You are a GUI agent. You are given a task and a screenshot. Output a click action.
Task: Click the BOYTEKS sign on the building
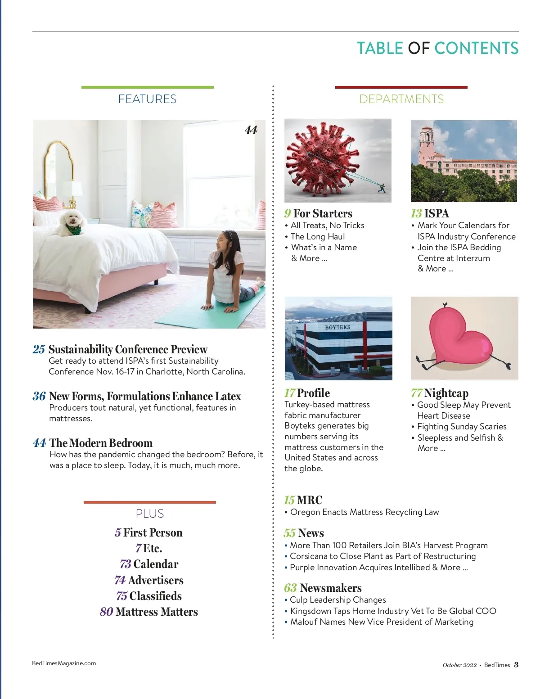point(337,327)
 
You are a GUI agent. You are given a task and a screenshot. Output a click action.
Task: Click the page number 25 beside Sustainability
point(39,349)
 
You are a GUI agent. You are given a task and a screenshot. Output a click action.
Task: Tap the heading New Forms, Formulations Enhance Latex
point(144,396)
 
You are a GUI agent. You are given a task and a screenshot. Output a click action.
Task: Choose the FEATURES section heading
point(147,99)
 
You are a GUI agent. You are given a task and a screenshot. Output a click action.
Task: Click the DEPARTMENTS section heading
point(401,99)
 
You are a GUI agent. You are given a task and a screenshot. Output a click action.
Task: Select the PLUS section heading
point(150,514)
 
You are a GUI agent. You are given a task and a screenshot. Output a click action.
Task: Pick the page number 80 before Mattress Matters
point(107,612)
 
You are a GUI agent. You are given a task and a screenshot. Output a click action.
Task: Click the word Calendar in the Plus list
point(156,564)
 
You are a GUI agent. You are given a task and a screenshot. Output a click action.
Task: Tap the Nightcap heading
point(446,393)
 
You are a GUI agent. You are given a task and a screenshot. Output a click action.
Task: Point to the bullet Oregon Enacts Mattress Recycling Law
point(364,512)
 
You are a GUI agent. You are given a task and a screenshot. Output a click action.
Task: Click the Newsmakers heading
point(330,588)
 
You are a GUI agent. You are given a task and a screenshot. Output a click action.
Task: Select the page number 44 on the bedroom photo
point(251,131)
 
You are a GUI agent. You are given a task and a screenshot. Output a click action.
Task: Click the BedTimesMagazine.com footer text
point(64,663)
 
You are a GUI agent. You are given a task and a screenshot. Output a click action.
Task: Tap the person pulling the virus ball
point(382,188)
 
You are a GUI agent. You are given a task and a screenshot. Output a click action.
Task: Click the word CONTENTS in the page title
point(476,48)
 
